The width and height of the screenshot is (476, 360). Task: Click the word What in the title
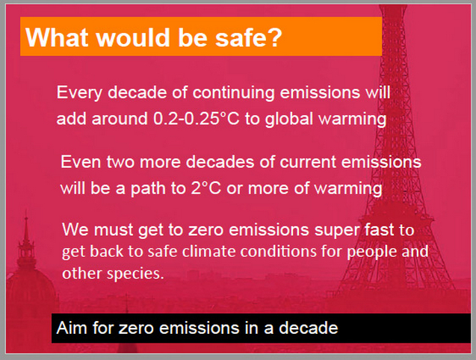[x=57, y=37]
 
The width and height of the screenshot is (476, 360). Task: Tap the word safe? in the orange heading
[x=249, y=37]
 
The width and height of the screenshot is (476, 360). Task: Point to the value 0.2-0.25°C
[x=196, y=119]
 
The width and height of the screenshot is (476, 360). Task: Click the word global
[x=288, y=119]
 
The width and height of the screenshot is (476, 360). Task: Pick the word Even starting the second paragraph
[x=81, y=162]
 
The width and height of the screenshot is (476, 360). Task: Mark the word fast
[x=379, y=229]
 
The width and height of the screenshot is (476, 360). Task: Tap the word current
[x=308, y=162]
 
